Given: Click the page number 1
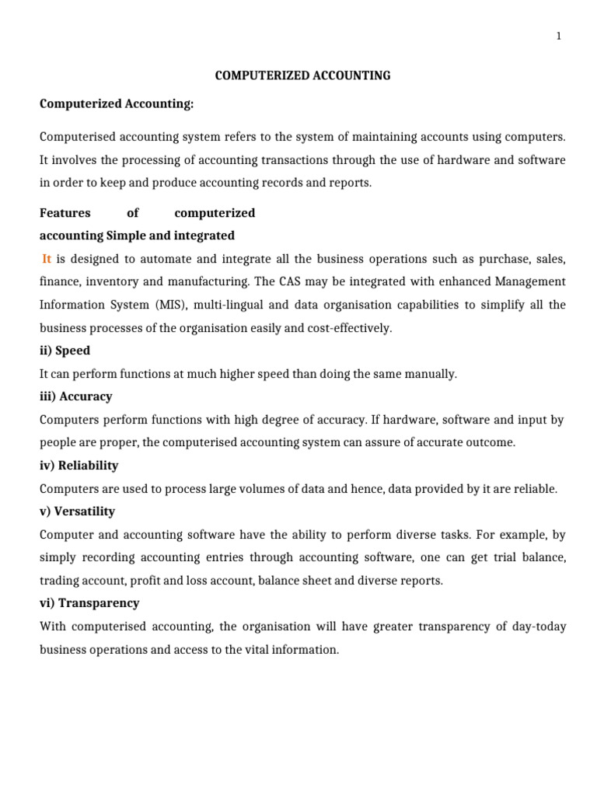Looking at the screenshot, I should click(x=558, y=37).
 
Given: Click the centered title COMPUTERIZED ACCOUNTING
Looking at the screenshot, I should click(x=302, y=75).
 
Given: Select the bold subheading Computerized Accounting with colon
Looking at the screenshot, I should click(x=117, y=103).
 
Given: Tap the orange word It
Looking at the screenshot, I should click(x=47, y=258).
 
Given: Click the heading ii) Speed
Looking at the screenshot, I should click(x=65, y=351).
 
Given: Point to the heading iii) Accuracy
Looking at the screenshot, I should click(x=76, y=396).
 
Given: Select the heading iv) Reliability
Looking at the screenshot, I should click(x=79, y=466).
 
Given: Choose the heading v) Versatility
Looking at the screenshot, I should click(x=78, y=511).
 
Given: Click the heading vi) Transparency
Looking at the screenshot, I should click(x=89, y=603).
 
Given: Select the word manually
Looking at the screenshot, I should click(x=432, y=374).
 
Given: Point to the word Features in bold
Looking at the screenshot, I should click(x=65, y=213).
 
